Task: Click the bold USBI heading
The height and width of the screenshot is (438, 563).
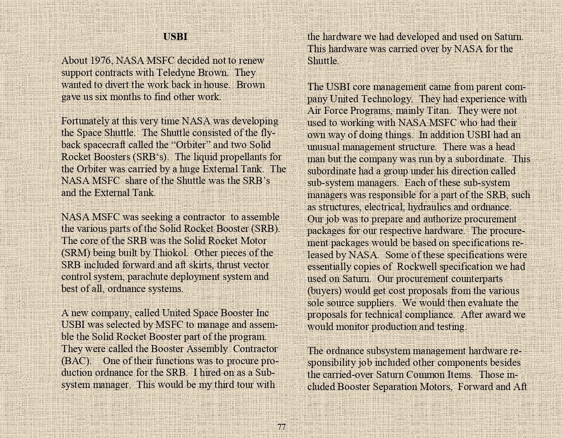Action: (175, 37)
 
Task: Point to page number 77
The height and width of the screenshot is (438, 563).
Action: (281, 427)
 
